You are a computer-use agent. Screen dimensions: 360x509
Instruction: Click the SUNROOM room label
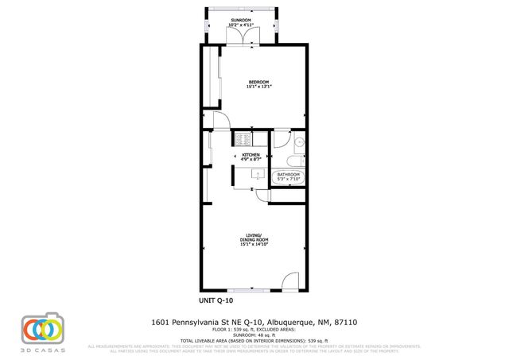tap(241, 19)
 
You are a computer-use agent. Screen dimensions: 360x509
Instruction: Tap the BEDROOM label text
tap(258, 82)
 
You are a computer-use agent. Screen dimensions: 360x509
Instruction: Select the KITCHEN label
tap(251, 154)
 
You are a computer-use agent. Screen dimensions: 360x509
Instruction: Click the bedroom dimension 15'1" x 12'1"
tap(258, 87)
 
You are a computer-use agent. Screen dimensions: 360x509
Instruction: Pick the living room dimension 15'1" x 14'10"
tap(254, 244)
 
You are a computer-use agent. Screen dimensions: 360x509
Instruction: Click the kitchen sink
tap(256, 172)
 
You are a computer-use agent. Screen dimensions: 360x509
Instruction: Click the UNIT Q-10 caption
tap(216, 301)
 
